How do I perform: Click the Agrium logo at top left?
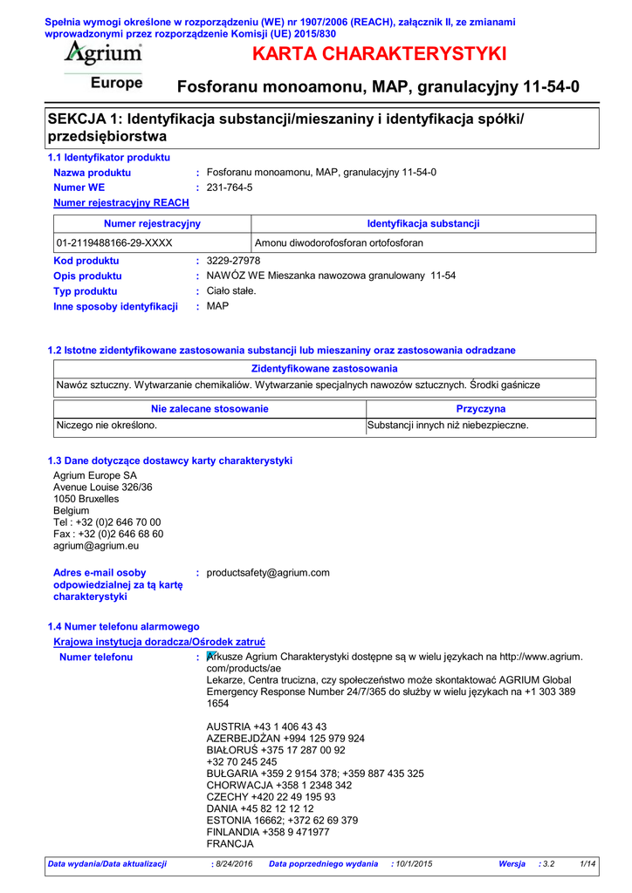102,55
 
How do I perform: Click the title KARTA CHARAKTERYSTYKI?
379,54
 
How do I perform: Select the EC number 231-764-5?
230,187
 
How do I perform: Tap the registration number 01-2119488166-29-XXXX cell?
114,242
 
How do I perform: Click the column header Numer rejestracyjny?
152,224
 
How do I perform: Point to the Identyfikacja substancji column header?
423,224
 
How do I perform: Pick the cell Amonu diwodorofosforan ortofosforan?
339,242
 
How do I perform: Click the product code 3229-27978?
233,261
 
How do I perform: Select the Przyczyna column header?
481,408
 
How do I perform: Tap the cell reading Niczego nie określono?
107,426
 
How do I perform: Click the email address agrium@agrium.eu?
96,546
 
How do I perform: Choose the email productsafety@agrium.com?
268,572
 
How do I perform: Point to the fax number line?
108,534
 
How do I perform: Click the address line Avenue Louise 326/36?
103,487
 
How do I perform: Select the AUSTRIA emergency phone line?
266,726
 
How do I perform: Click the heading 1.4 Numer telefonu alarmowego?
123,626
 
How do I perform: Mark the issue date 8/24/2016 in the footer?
233,863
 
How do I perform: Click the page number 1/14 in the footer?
587,863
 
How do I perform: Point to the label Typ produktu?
86,290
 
